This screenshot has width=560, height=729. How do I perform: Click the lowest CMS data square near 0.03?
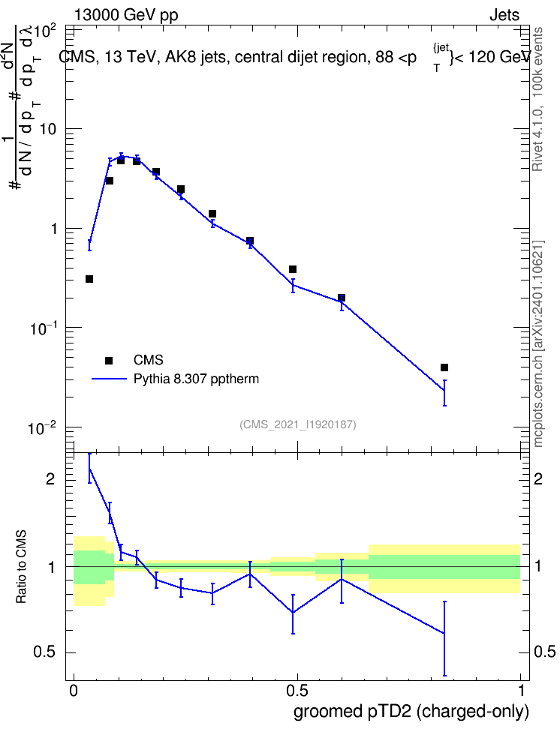[x=89, y=279]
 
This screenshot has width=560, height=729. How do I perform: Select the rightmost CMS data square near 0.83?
[x=444, y=367]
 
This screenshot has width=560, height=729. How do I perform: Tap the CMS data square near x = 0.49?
[x=293, y=269]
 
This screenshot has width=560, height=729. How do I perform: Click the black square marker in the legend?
[x=109, y=360]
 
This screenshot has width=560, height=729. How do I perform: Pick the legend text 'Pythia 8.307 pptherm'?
[x=196, y=379]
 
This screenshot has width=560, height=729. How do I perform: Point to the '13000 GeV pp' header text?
[x=126, y=15]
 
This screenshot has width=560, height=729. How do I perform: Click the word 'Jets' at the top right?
[x=504, y=15]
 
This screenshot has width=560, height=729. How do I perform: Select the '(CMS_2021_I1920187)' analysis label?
[x=298, y=424]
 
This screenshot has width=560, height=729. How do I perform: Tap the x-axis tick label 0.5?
[x=297, y=691]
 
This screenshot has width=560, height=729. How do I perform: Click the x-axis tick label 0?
[x=74, y=691]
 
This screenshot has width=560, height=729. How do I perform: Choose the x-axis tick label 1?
[x=521, y=691]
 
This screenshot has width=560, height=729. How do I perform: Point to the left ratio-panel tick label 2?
[x=51, y=478]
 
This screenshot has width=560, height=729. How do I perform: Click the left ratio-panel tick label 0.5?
[x=45, y=652]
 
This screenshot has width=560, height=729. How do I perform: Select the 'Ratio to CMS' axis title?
[x=21, y=567]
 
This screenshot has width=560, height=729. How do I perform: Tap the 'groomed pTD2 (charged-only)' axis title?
[x=411, y=712]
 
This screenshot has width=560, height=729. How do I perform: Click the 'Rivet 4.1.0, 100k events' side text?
[x=537, y=99]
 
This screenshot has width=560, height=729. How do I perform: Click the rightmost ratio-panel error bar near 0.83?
[x=444, y=638]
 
